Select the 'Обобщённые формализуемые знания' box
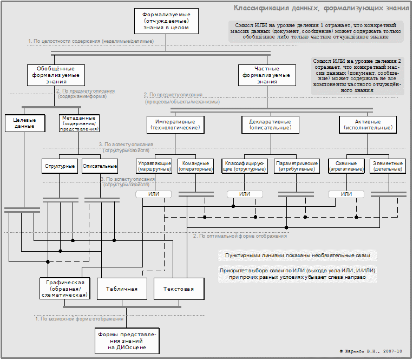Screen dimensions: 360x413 coord(56,75)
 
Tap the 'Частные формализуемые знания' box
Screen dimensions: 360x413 coord(267,75)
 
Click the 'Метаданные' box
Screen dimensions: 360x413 coord(79,123)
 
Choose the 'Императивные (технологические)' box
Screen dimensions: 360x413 coord(175,125)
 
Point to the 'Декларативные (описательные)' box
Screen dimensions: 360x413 coord(270,125)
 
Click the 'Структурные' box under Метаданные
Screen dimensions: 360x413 coord(61,166)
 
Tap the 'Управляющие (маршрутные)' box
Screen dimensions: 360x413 coord(155,166)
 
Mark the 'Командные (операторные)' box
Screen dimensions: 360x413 coord(195,166)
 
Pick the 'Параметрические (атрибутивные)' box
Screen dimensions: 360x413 coord(296,166)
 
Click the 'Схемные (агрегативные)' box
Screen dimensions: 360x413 coord(346,166)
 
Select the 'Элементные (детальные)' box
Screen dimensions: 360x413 coord(387,166)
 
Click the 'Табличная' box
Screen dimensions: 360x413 coord(122,289)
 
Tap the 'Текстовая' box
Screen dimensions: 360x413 coord(178,289)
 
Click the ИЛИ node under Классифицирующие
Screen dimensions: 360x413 coord(245,194)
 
